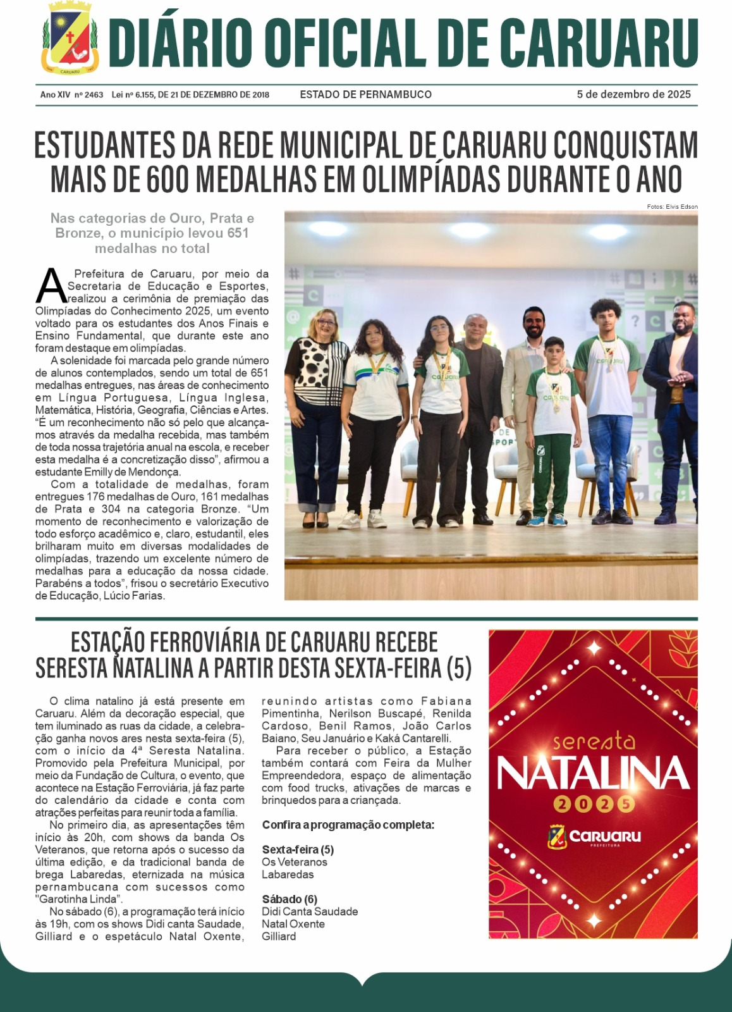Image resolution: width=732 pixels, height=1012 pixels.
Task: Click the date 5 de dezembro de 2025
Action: [x=633, y=94]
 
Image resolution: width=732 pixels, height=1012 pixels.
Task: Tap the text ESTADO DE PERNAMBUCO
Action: [x=365, y=94]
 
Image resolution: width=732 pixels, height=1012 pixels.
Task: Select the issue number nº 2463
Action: [x=88, y=95]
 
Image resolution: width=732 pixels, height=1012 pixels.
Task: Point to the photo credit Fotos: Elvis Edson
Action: [x=672, y=207]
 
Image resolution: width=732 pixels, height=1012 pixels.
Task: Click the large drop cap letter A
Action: [x=51, y=287]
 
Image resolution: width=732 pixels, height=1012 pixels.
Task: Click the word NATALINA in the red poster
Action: [x=593, y=774]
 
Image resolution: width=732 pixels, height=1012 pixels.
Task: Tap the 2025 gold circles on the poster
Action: [x=593, y=804]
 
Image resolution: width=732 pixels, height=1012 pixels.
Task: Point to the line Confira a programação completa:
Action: [x=348, y=825]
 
